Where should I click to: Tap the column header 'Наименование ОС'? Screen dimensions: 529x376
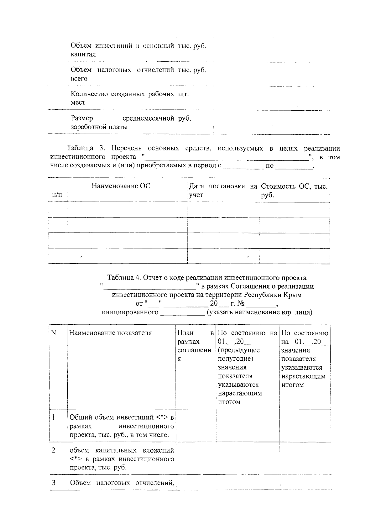pyautogui.click(x=121, y=186)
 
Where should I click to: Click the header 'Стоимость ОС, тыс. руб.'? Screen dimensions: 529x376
pyautogui.click(x=294, y=191)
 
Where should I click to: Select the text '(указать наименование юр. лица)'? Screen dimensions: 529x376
pyautogui.click(x=259, y=312)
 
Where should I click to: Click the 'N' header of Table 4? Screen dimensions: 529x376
pyautogui.click(x=53, y=333)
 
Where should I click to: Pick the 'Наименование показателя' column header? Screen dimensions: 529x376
pyautogui.click(x=110, y=333)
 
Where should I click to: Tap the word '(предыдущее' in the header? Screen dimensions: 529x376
pyautogui.click(x=239, y=350)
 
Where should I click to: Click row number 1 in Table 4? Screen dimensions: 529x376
pyautogui.click(x=53, y=417)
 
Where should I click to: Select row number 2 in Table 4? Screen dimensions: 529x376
pyautogui.click(x=54, y=450)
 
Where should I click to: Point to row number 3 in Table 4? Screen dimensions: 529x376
pyautogui.click(x=54, y=483)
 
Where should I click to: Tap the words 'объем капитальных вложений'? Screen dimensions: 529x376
pyautogui.click(x=122, y=451)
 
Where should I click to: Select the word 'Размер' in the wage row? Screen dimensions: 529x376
pyautogui.click(x=82, y=118)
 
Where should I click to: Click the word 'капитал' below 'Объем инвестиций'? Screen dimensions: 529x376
pyautogui.click(x=83, y=54)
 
